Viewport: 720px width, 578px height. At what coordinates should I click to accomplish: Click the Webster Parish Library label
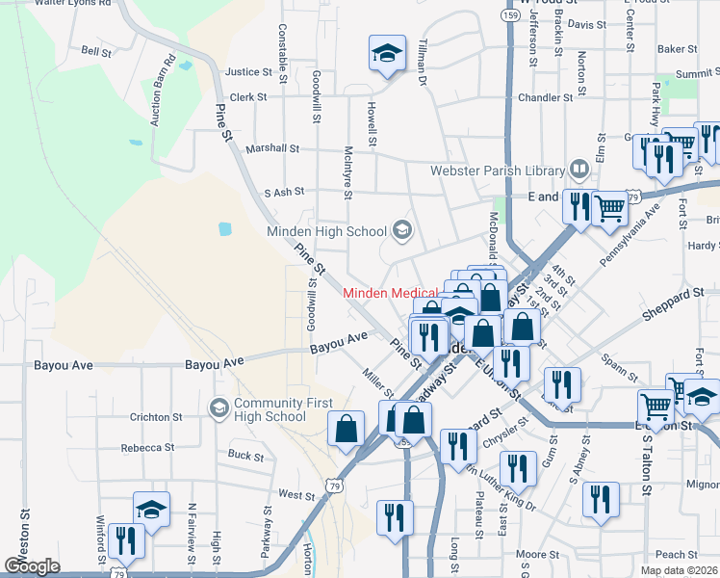point(497,171)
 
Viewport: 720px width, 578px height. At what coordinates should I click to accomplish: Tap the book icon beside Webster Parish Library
point(579,170)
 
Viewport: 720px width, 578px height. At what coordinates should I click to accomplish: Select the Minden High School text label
point(326,231)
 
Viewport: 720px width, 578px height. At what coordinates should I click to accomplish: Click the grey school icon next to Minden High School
point(401,230)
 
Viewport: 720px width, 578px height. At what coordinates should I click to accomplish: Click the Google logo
point(33,565)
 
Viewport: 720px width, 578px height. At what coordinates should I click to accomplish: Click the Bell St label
point(97,51)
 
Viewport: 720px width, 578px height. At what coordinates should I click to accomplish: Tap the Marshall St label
point(272,149)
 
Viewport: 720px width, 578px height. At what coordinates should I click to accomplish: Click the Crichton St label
point(157,417)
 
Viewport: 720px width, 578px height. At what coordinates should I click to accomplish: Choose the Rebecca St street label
point(147,448)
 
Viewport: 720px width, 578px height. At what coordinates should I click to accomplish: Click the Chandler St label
point(546,97)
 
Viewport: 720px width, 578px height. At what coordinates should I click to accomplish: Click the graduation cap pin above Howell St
point(387,54)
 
